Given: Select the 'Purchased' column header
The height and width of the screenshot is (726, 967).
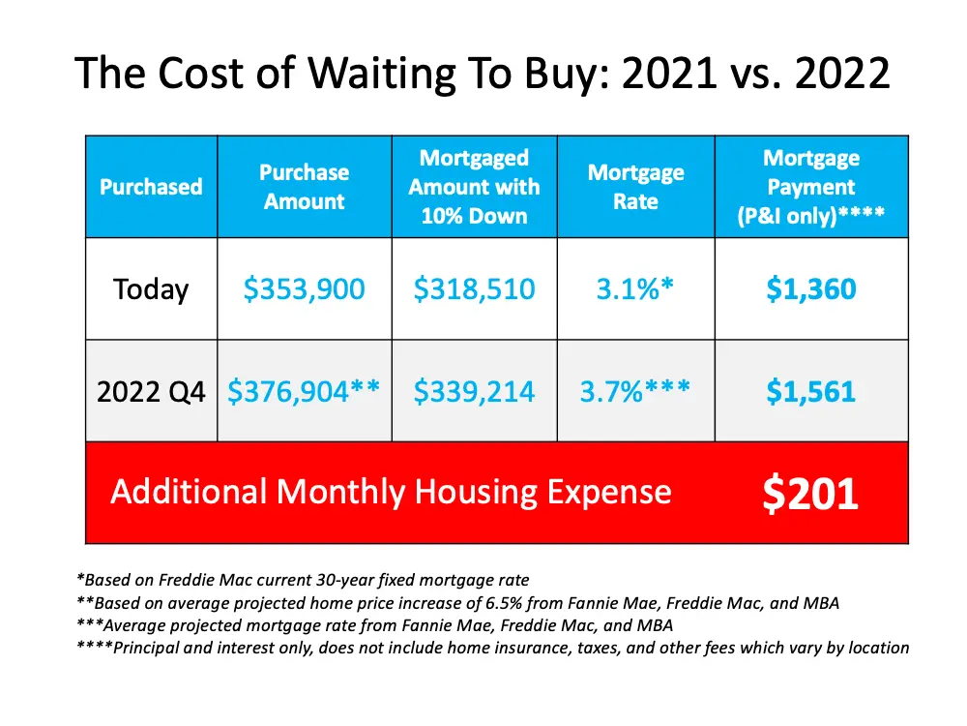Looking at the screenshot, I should pos(151,187).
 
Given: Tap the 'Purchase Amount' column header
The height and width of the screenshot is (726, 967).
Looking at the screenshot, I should pos(304,187).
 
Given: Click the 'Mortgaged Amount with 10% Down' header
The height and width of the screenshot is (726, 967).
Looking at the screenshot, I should pos(474,187).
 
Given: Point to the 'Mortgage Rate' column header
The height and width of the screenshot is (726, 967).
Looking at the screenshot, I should pos(635,187).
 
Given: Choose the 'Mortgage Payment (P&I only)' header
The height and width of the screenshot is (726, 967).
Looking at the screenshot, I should pos(810,187).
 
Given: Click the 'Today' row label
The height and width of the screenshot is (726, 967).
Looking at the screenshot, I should pos(151,289).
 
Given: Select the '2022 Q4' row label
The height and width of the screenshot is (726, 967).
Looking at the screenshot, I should pos(151,392).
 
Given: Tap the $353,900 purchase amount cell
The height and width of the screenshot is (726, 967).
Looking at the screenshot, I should pos(305,289).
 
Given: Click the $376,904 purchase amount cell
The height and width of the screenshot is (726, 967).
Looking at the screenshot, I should pos(304,392).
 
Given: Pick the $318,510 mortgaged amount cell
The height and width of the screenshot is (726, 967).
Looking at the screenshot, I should pos(474,289).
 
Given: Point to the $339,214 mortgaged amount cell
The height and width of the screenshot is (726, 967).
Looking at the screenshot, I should pos(474,392).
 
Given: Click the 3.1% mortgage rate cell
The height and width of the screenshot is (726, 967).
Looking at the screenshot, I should pos(635,289).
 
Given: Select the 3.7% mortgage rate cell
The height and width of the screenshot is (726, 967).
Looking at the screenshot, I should pos(635,392).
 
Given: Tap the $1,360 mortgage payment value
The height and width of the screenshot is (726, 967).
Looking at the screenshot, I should pos(810,289).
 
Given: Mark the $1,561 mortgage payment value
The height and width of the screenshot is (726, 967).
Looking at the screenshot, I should pos(810,392).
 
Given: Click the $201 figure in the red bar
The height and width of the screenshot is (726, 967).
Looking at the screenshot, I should pos(810,493).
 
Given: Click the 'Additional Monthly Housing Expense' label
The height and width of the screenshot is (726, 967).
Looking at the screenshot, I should pos(391,492).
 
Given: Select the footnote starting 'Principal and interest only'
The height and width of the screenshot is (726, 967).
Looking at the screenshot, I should pos(493,648).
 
